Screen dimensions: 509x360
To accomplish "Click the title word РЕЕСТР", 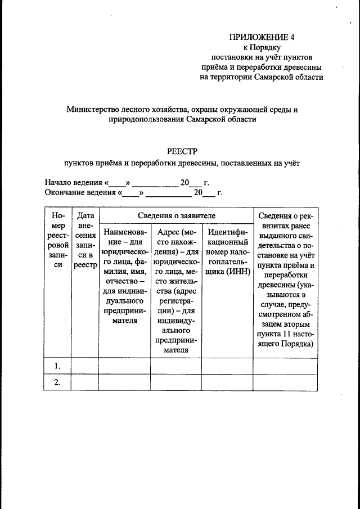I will coord(183,150).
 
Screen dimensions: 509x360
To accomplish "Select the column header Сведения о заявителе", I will coord(175,215).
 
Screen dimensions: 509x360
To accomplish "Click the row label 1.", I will coord(57,366).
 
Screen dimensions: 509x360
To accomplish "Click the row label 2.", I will coord(57,382).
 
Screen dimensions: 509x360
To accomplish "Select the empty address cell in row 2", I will coord(175,382).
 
